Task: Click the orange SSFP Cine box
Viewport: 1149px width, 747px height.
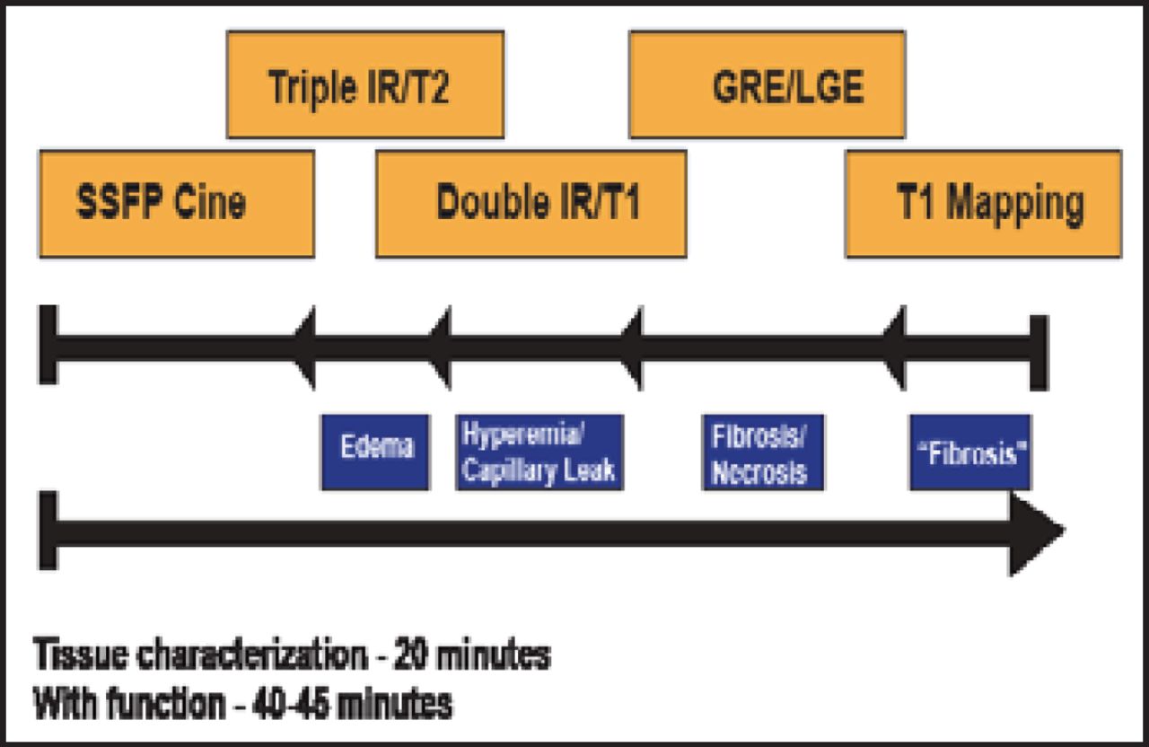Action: [176, 204]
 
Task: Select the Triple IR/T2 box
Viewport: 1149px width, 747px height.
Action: [364, 85]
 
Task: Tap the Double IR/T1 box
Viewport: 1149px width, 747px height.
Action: [531, 204]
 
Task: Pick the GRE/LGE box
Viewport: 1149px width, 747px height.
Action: [767, 85]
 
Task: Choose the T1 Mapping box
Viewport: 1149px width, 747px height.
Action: [983, 204]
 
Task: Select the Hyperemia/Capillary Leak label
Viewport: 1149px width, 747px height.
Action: [539, 452]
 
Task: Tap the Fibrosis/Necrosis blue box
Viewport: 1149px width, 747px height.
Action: [763, 452]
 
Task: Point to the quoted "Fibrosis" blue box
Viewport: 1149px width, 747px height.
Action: [969, 452]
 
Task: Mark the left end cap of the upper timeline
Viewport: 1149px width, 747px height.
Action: [48, 345]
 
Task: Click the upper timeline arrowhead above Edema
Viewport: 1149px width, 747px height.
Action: [306, 347]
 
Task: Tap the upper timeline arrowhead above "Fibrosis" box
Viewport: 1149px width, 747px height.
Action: [895, 347]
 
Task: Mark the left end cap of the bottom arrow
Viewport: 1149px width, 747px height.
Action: [48, 532]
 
